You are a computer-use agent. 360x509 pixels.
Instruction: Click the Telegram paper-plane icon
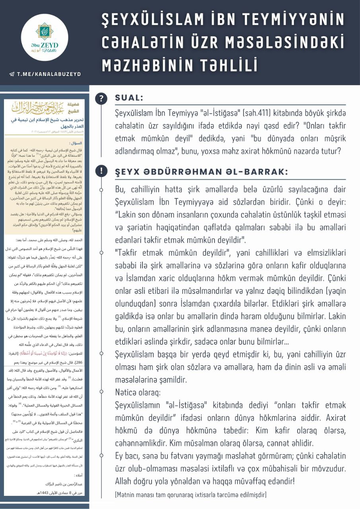(x=12, y=74)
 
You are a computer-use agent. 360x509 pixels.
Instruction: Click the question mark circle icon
(x=102, y=98)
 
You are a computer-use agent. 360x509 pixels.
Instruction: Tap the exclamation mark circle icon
(x=102, y=171)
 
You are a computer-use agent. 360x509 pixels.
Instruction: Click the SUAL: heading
(x=129, y=98)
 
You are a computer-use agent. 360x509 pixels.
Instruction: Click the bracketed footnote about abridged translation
(x=190, y=495)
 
